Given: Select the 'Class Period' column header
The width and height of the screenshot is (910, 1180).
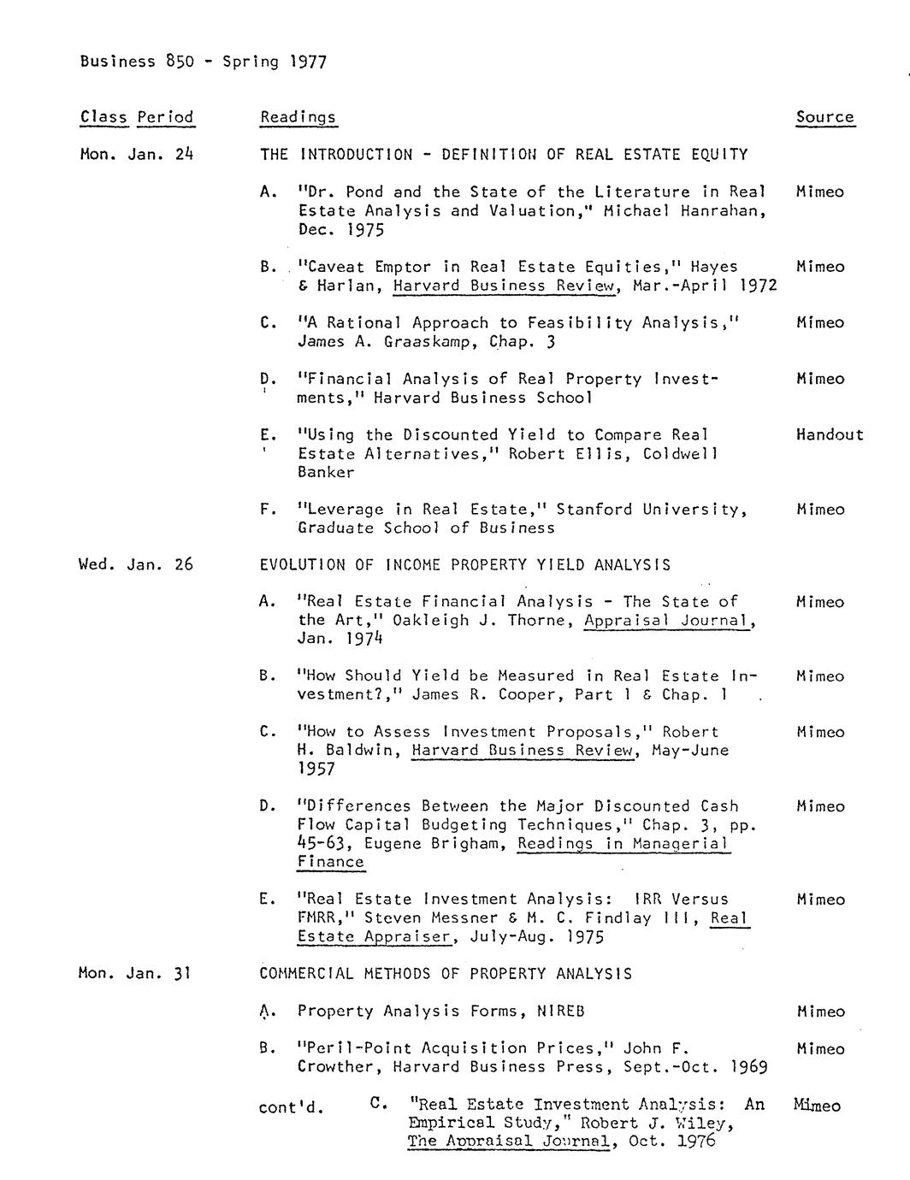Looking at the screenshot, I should pyautogui.click(x=137, y=117).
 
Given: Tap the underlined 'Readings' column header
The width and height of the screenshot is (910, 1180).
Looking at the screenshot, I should pyautogui.click(x=298, y=117).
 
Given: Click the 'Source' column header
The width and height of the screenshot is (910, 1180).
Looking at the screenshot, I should pyautogui.click(x=824, y=117).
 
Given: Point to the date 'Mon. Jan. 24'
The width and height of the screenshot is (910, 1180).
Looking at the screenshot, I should pyautogui.click(x=137, y=155).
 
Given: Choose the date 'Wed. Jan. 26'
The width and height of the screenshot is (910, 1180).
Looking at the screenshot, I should pyautogui.click(x=136, y=564).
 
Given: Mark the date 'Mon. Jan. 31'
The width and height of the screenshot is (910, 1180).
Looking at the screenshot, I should pyautogui.click(x=133, y=973).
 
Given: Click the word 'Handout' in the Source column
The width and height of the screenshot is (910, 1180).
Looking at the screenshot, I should pyautogui.click(x=829, y=434).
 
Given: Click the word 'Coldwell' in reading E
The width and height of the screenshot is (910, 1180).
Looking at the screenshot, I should pyautogui.click(x=681, y=453).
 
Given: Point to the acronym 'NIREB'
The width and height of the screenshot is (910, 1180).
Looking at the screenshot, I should pyautogui.click(x=561, y=1011).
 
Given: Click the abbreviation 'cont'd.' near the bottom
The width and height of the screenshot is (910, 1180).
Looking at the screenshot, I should pyautogui.click(x=292, y=1108).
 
